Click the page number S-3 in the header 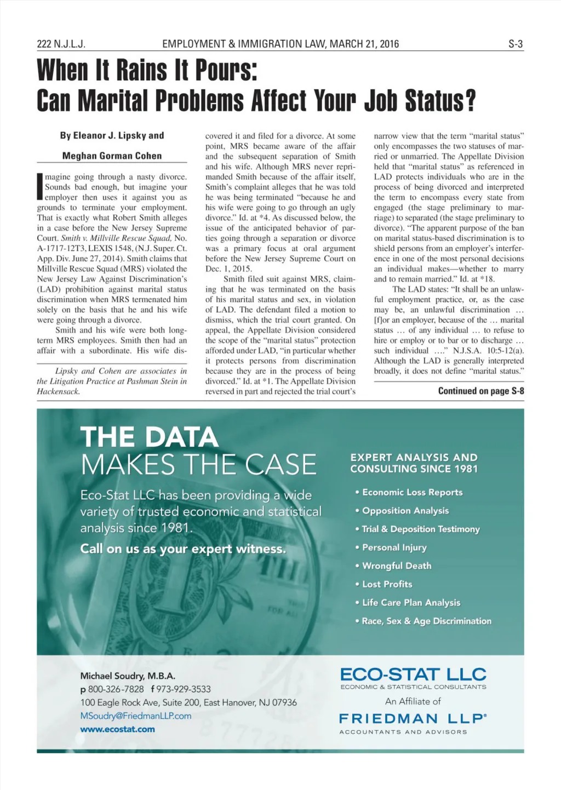(516, 44)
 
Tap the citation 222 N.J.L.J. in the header (61, 44)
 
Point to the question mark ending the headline (470, 100)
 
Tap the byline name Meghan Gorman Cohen (112, 156)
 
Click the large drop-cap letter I (39, 186)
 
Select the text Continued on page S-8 (480, 391)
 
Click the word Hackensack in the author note (58, 391)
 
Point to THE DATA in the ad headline (149, 437)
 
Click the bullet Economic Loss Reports (412, 492)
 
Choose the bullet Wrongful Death (396, 566)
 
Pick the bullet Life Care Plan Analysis (411, 602)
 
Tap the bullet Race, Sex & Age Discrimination (426, 621)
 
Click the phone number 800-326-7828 (116, 689)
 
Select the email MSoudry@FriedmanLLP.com (136, 716)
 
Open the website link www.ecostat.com (117, 729)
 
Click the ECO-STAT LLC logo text (413, 674)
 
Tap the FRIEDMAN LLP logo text (412, 718)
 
